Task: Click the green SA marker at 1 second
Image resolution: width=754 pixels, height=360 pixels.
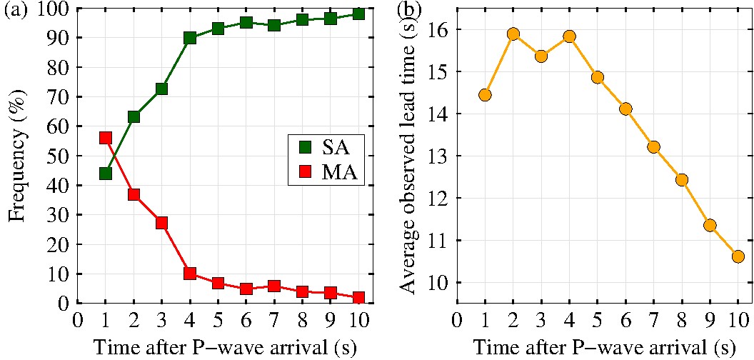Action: click(x=106, y=173)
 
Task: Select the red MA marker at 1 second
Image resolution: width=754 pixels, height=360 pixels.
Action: click(x=106, y=138)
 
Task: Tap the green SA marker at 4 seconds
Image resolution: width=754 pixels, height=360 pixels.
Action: click(x=190, y=38)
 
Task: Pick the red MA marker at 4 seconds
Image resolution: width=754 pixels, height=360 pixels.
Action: click(x=190, y=273)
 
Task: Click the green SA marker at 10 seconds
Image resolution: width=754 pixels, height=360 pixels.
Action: click(x=358, y=14)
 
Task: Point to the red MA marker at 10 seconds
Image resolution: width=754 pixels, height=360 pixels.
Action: click(x=358, y=297)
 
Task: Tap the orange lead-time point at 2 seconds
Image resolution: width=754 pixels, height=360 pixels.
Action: click(x=513, y=34)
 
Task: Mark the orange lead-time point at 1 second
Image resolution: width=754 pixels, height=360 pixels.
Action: click(x=485, y=95)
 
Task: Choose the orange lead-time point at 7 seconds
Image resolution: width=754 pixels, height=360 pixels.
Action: click(x=653, y=146)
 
